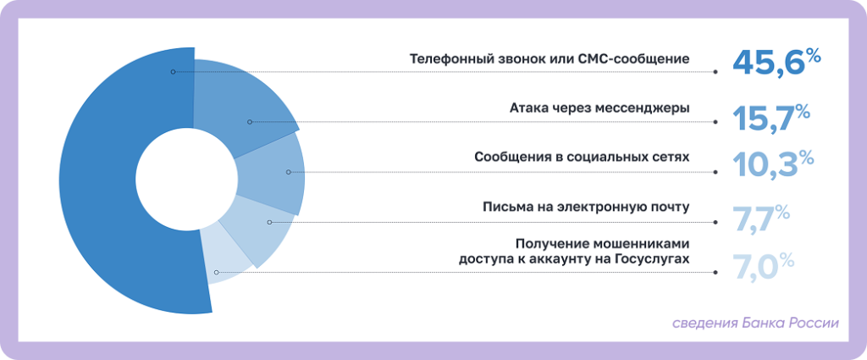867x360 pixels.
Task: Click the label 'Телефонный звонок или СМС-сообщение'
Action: pos(549,59)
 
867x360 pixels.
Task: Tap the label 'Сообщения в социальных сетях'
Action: pos(582,158)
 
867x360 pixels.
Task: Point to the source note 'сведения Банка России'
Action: pos(755,323)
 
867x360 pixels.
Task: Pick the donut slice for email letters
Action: pos(258,227)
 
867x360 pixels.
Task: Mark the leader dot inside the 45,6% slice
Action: pos(173,72)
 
